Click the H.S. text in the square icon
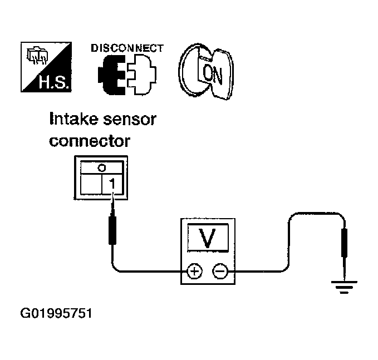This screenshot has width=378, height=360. (55, 82)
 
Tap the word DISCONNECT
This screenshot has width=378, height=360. (127, 48)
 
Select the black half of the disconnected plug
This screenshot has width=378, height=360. (111, 75)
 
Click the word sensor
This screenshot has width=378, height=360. (130, 120)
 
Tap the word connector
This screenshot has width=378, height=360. (90, 141)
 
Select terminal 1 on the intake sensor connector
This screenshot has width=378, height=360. (112, 184)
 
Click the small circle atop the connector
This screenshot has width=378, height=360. (102, 167)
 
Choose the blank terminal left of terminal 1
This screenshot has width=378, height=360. (91, 184)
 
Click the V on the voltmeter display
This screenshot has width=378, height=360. (208, 238)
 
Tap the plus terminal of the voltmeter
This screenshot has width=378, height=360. (194, 272)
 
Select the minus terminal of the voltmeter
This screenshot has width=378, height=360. (220, 272)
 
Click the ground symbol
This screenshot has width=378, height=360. (344, 287)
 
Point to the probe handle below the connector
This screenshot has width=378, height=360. (112, 230)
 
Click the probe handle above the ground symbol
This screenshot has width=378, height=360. (344, 243)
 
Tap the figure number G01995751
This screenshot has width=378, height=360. (56, 313)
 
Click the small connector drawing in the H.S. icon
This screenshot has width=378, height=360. (37, 55)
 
